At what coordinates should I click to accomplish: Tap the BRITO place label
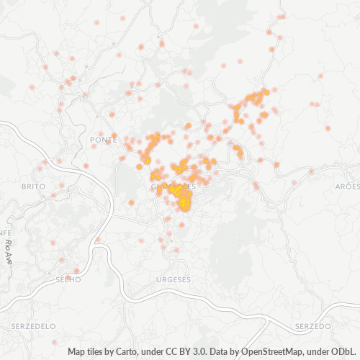(x=33, y=186)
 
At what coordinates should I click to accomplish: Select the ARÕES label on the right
(x=347, y=186)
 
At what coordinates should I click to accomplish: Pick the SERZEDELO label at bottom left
(x=34, y=326)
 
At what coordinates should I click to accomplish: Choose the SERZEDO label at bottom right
(x=312, y=326)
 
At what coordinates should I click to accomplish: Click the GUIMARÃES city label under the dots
(x=173, y=186)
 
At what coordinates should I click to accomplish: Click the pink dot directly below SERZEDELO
(x=55, y=341)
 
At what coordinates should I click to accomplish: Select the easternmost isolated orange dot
(x=328, y=128)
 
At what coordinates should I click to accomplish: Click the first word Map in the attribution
(x=77, y=352)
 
